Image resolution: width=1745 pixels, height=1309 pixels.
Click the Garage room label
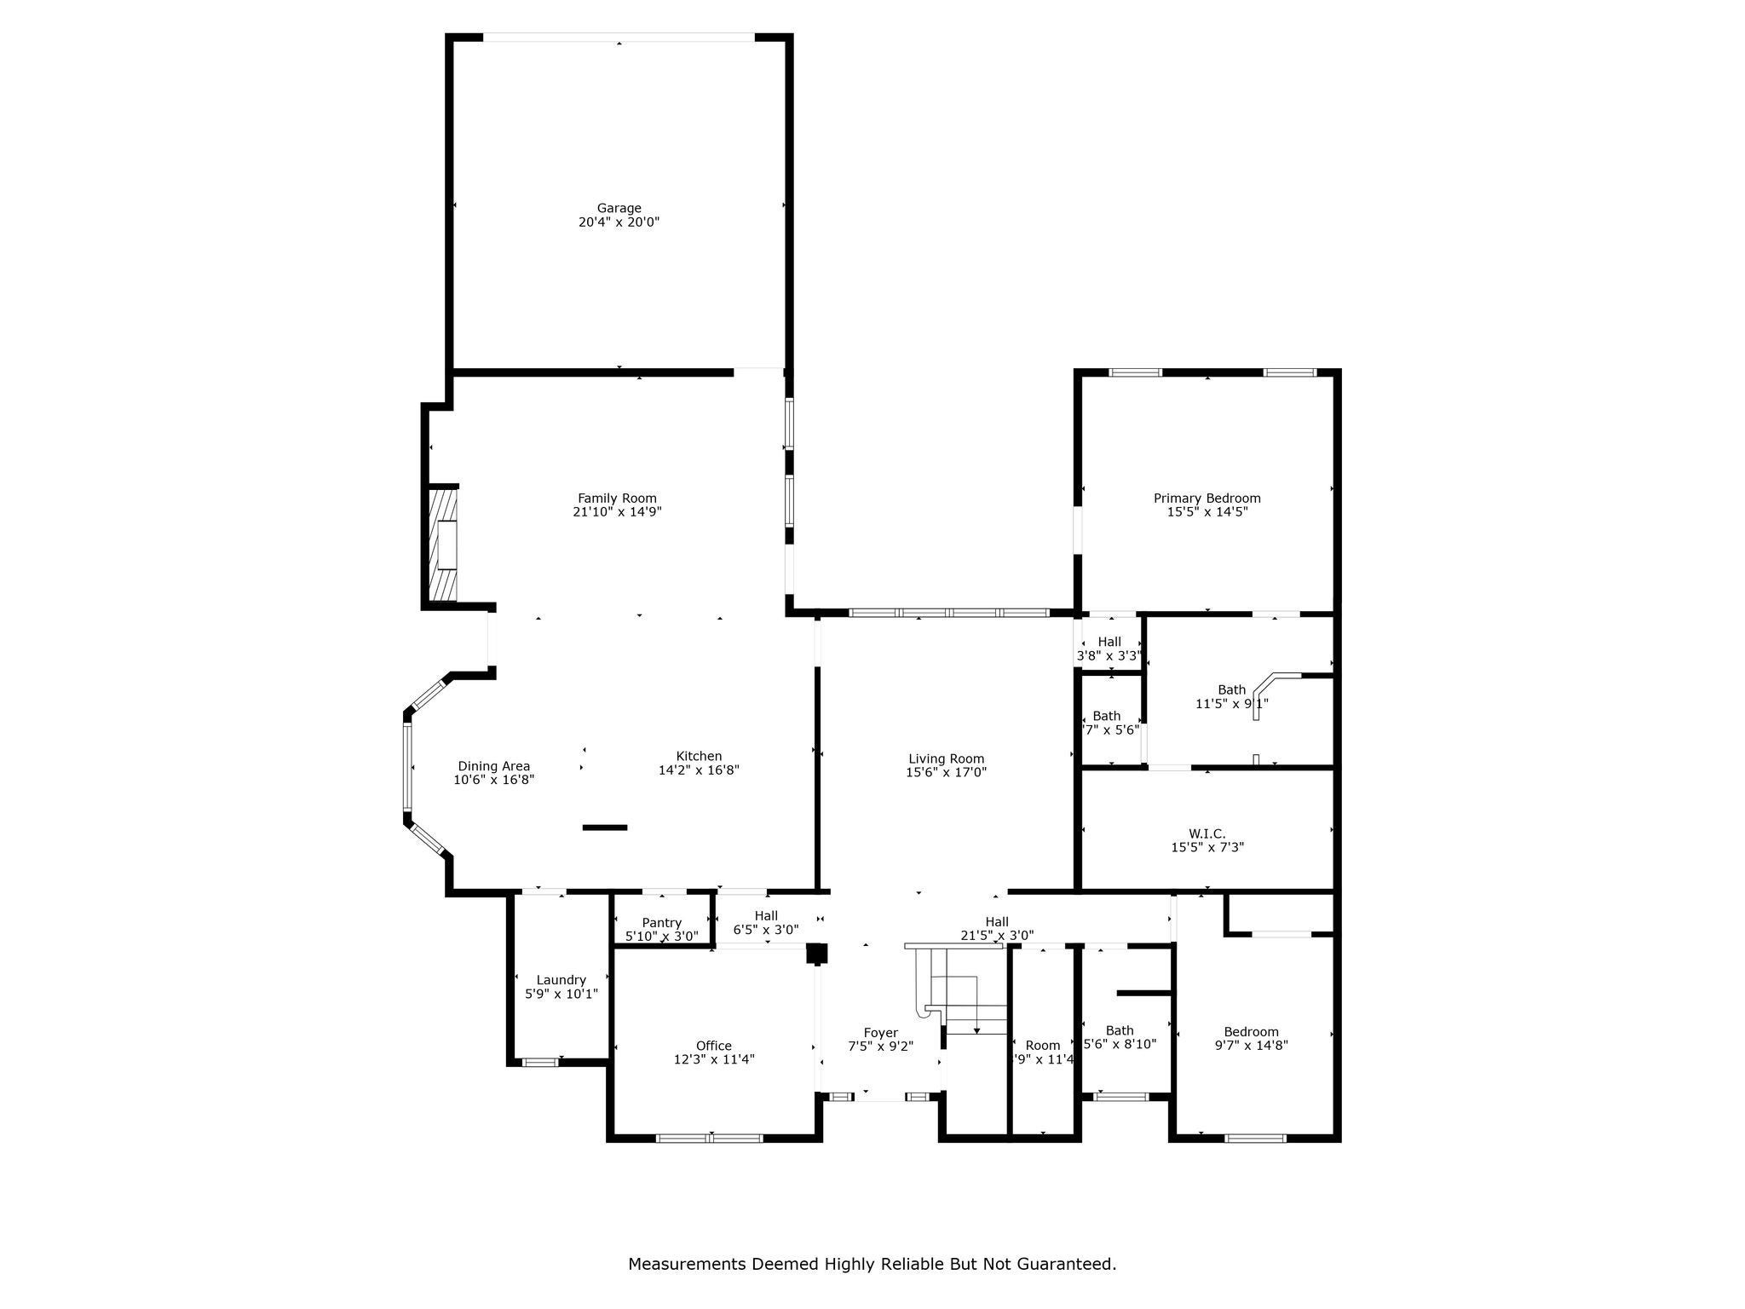(619, 208)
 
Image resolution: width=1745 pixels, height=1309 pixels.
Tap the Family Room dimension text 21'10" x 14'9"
(617, 512)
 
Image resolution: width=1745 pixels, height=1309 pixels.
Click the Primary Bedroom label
(1207, 499)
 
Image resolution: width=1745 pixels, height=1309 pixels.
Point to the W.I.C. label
(1207, 833)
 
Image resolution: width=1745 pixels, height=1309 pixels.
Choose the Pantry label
(661, 923)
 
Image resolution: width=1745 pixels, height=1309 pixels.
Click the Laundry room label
(561, 980)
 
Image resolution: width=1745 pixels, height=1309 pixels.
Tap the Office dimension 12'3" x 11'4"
(713, 1059)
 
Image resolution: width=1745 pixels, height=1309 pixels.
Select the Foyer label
(880, 1033)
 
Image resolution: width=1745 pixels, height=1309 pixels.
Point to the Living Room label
(946, 758)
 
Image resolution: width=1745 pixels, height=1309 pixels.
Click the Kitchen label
(699, 756)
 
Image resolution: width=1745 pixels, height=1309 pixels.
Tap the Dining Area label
(493, 766)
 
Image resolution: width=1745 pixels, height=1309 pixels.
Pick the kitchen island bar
(605, 827)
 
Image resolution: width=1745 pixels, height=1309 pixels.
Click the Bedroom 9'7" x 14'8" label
(1251, 1032)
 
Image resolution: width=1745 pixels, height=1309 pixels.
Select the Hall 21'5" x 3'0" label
(997, 922)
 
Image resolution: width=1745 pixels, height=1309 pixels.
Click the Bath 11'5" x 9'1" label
(1231, 690)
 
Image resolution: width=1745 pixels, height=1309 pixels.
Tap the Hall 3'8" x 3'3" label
(1109, 643)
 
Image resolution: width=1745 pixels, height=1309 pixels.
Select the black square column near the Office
(816, 954)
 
